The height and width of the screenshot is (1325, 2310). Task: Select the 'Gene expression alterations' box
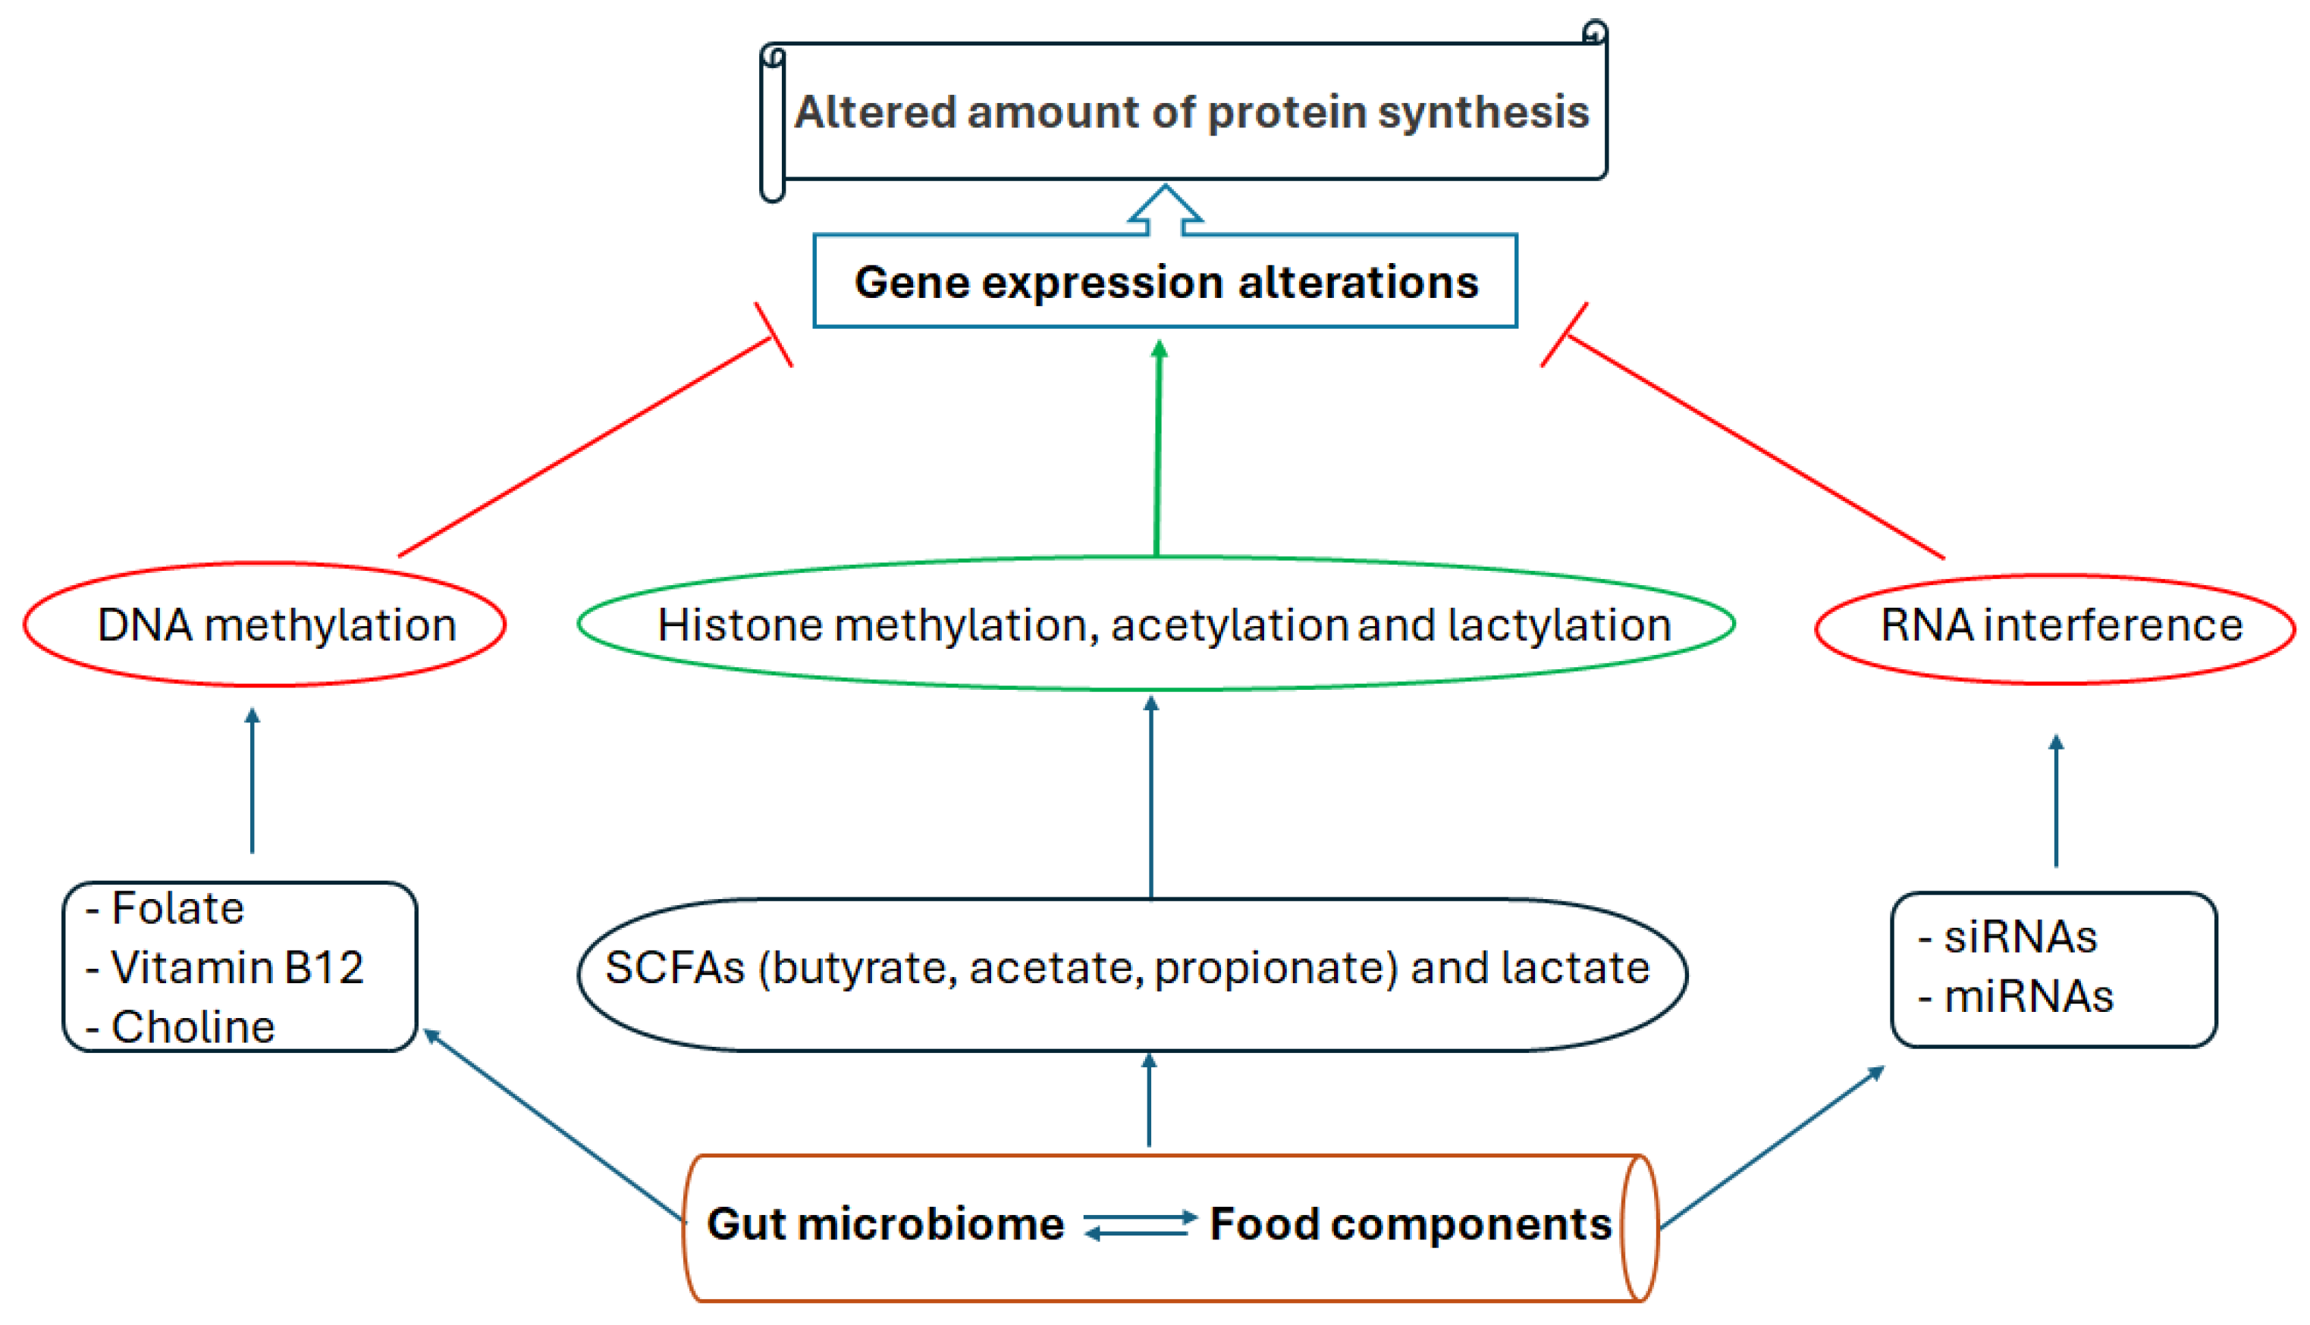click(1165, 281)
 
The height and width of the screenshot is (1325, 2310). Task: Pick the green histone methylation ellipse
click(1156, 625)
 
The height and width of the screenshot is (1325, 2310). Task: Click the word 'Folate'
click(177, 908)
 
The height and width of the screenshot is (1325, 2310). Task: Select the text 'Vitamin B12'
click(237, 967)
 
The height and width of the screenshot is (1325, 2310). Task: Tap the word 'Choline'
click(192, 1027)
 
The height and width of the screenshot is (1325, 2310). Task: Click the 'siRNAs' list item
click(2020, 938)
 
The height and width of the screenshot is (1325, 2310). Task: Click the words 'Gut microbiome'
click(886, 1224)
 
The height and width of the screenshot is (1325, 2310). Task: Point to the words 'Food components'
click(1411, 1224)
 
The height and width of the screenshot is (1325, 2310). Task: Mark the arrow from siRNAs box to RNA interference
click(2056, 800)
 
